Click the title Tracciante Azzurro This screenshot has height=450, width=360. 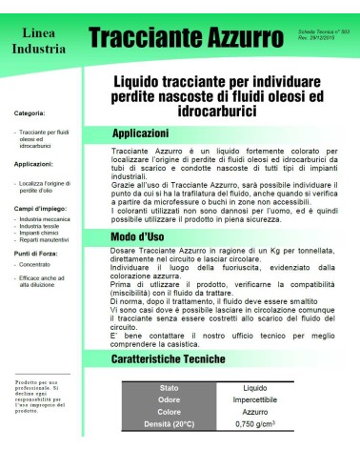(186, 38)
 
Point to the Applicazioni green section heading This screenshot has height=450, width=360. (140, 133)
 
